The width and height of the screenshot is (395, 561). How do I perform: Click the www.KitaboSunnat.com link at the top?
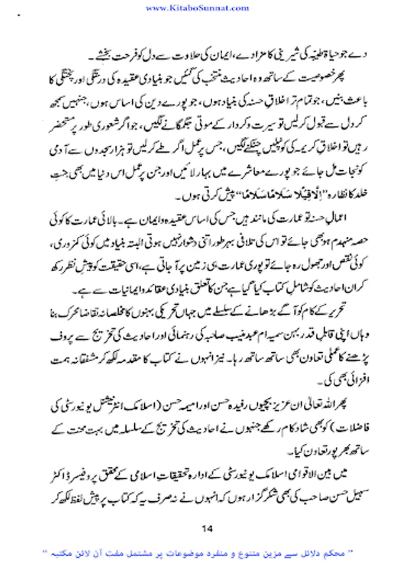pos(197,8)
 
